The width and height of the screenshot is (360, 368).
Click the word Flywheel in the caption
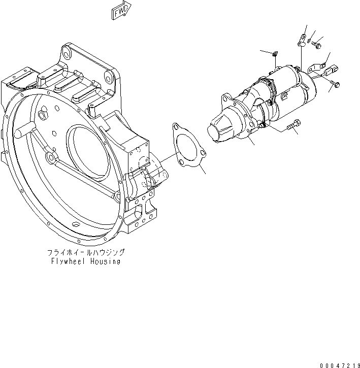(x=69, y=262)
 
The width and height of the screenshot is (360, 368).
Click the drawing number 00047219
(x=340, y=364)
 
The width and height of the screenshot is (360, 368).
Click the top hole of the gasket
(x=177, y=126)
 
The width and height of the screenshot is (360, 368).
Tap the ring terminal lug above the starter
(x=301, y=39)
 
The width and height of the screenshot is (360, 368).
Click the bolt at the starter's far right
(x=335, y=83)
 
